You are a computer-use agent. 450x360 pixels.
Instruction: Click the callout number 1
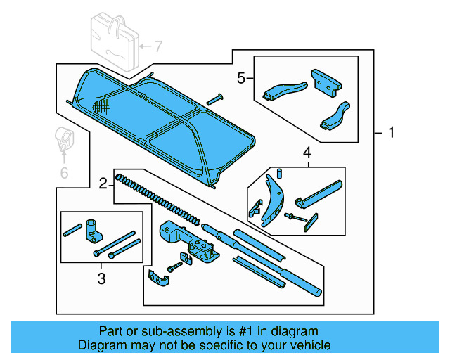click(x=392, y=132)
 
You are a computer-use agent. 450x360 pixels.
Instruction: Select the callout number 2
click(x=103, y=184)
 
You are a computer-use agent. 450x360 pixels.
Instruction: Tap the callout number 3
click(x=101, y=279)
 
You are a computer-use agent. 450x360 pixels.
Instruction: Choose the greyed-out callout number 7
click(x=158, y=47)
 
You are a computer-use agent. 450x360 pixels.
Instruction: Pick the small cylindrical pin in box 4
click(x=279, y=173)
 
